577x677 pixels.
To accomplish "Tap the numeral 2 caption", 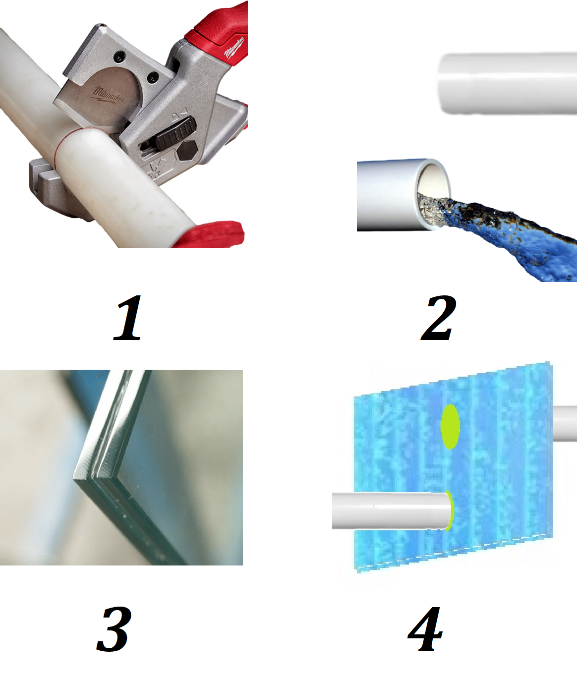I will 438,318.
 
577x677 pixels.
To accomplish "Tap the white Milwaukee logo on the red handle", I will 234,48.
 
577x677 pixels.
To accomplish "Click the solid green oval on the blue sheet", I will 450,426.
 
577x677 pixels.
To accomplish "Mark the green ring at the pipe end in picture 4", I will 450,510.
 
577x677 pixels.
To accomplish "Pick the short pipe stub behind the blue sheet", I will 565,423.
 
